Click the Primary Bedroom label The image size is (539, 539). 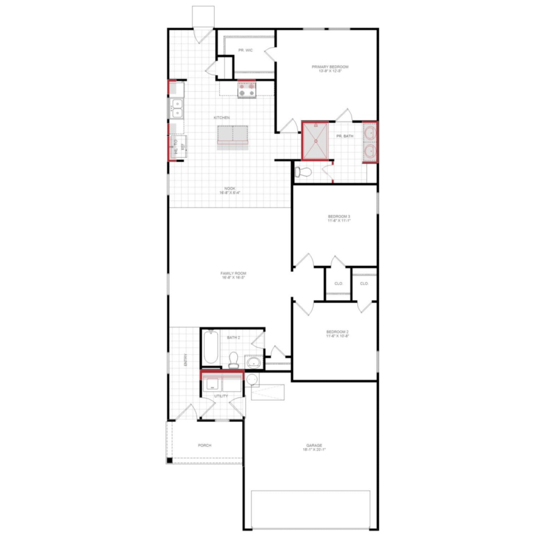point(330,67)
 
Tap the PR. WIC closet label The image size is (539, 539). point(245,50)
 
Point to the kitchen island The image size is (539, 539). point(232,135)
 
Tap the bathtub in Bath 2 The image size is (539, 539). point(211,348)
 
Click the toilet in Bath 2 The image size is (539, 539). point(233,360)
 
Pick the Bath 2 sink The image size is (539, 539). point(254,362)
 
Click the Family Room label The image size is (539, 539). point(233,273)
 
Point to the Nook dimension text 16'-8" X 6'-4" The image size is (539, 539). point(230,193)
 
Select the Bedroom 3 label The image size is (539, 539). point(339,216)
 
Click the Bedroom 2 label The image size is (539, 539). point(337,332)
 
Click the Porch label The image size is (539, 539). point(204,445)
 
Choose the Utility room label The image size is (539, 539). point(221,396)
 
